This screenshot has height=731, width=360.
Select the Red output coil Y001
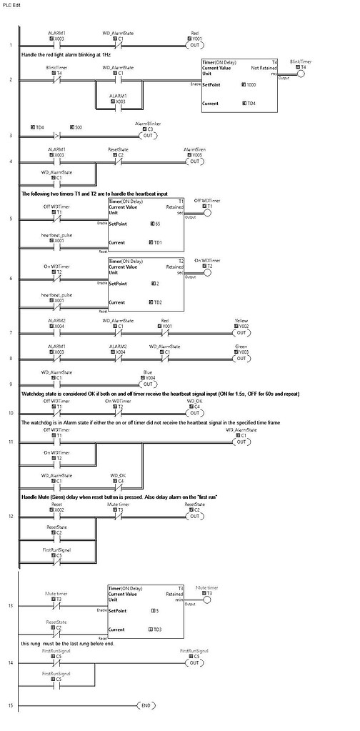[194, 44]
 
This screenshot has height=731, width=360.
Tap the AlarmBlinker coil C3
[148, 135]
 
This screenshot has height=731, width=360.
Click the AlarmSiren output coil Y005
[194, 161]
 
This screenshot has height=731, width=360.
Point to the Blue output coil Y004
[148, 387]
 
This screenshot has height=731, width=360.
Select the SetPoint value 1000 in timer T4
[252, 84]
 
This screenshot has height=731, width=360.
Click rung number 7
[11, 334]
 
